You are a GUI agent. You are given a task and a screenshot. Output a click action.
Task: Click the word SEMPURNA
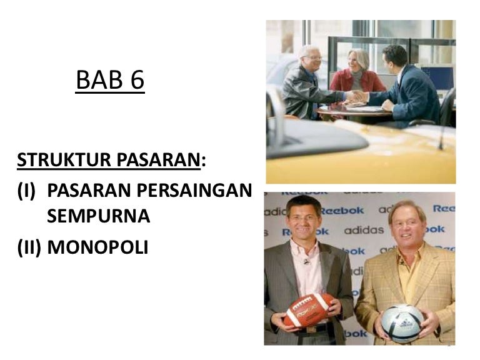point(98,216)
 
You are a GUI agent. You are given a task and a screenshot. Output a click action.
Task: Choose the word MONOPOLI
point(97,247)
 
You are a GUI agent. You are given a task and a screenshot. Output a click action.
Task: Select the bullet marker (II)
point(30,247)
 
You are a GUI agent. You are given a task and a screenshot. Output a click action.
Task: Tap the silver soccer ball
point(402,322)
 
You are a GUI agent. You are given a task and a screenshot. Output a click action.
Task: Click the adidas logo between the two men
point(364,230)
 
